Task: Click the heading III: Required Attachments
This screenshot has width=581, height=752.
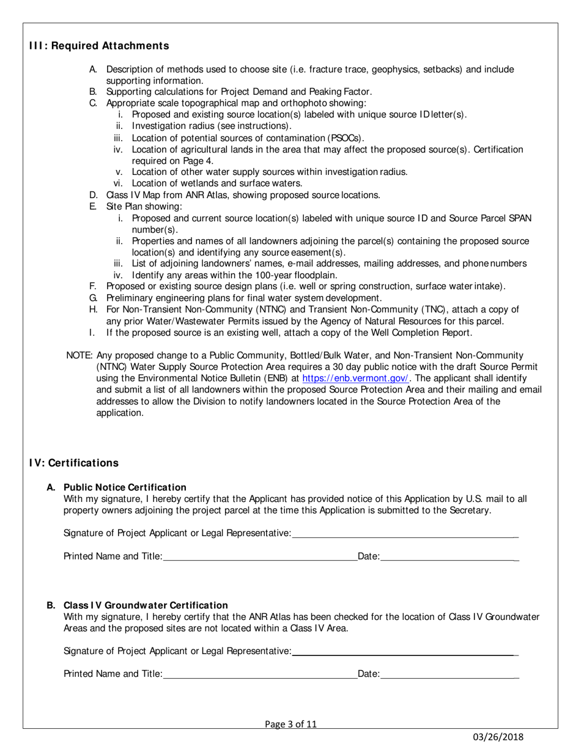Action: click(99, 46)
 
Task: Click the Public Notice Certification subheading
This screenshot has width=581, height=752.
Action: click(125, 487)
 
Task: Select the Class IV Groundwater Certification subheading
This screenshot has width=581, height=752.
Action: click(146, 605)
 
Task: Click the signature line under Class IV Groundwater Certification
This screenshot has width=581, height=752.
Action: click(405, 654)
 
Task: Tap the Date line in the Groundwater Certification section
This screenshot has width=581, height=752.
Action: click(450, 677)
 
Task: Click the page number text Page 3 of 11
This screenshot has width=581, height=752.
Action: click(290, 724)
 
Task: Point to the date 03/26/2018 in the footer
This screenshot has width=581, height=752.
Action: click(497, 737)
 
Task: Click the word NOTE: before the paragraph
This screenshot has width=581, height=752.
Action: click(80, 355)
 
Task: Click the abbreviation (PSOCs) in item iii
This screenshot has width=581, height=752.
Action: click(345, 138)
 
